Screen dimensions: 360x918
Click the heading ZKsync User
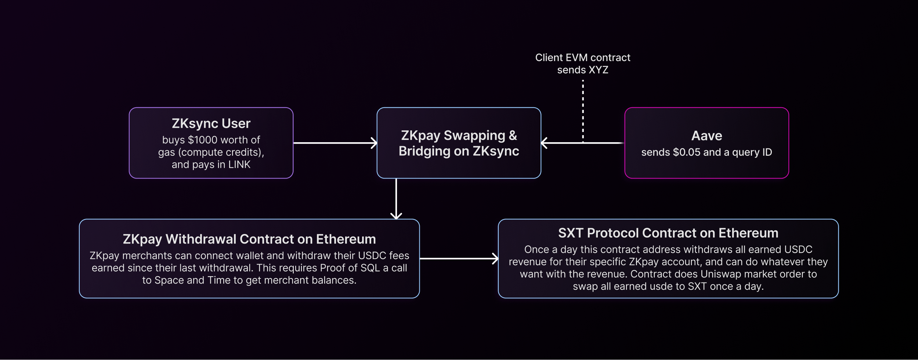(211, 124)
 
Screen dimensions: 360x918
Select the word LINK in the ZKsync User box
(239, 165)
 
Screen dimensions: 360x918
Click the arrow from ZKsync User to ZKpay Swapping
(335, 143)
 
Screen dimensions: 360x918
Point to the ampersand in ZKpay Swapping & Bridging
(513, 136)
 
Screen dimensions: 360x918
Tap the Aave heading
(706, 136)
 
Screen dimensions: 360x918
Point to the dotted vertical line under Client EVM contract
(583, 110)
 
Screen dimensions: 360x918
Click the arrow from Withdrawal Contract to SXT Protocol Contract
(459, 259)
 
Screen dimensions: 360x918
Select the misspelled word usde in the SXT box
(663, 287)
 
